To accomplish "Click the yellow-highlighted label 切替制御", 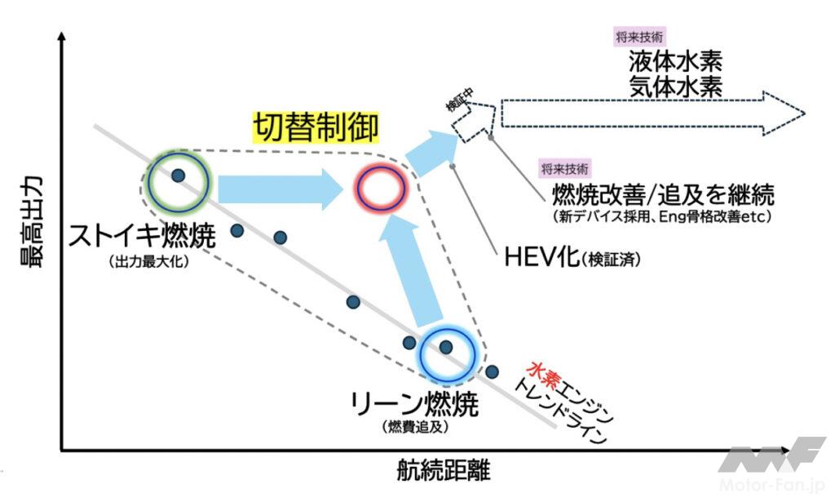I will click(314, 127).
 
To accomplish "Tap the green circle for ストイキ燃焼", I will click(179, 180).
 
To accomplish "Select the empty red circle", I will click(380, 189).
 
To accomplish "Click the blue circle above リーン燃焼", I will click(446, 352).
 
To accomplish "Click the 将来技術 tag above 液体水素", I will click(639, 36).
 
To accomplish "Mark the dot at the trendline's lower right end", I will click(492, 372).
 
